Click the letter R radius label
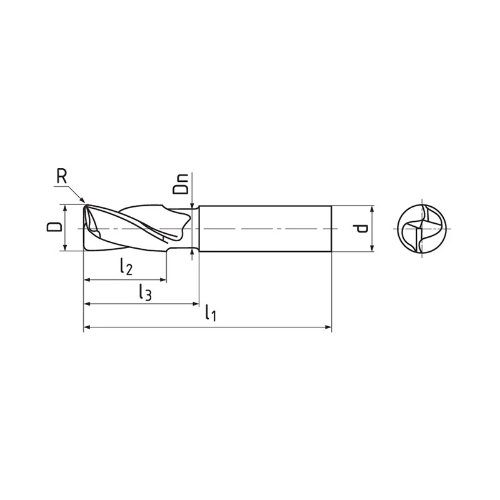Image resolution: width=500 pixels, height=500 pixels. coord(61,176)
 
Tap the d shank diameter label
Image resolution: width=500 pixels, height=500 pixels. coord(362,228)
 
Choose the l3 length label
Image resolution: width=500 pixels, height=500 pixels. coord(145,292)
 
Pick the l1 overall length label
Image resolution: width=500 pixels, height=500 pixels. coord(211,312)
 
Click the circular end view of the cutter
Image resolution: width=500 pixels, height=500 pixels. coord(422,229)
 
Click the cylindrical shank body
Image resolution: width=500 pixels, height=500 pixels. coord(265,229)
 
